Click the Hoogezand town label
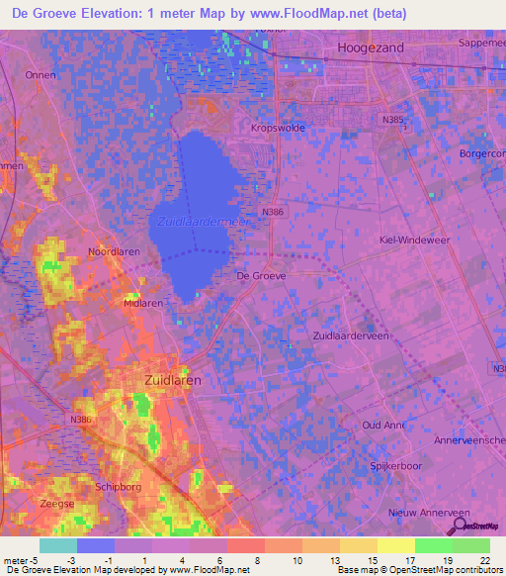372,48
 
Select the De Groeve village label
262,276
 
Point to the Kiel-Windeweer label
414,240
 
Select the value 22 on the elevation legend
484,559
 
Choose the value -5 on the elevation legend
27,559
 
